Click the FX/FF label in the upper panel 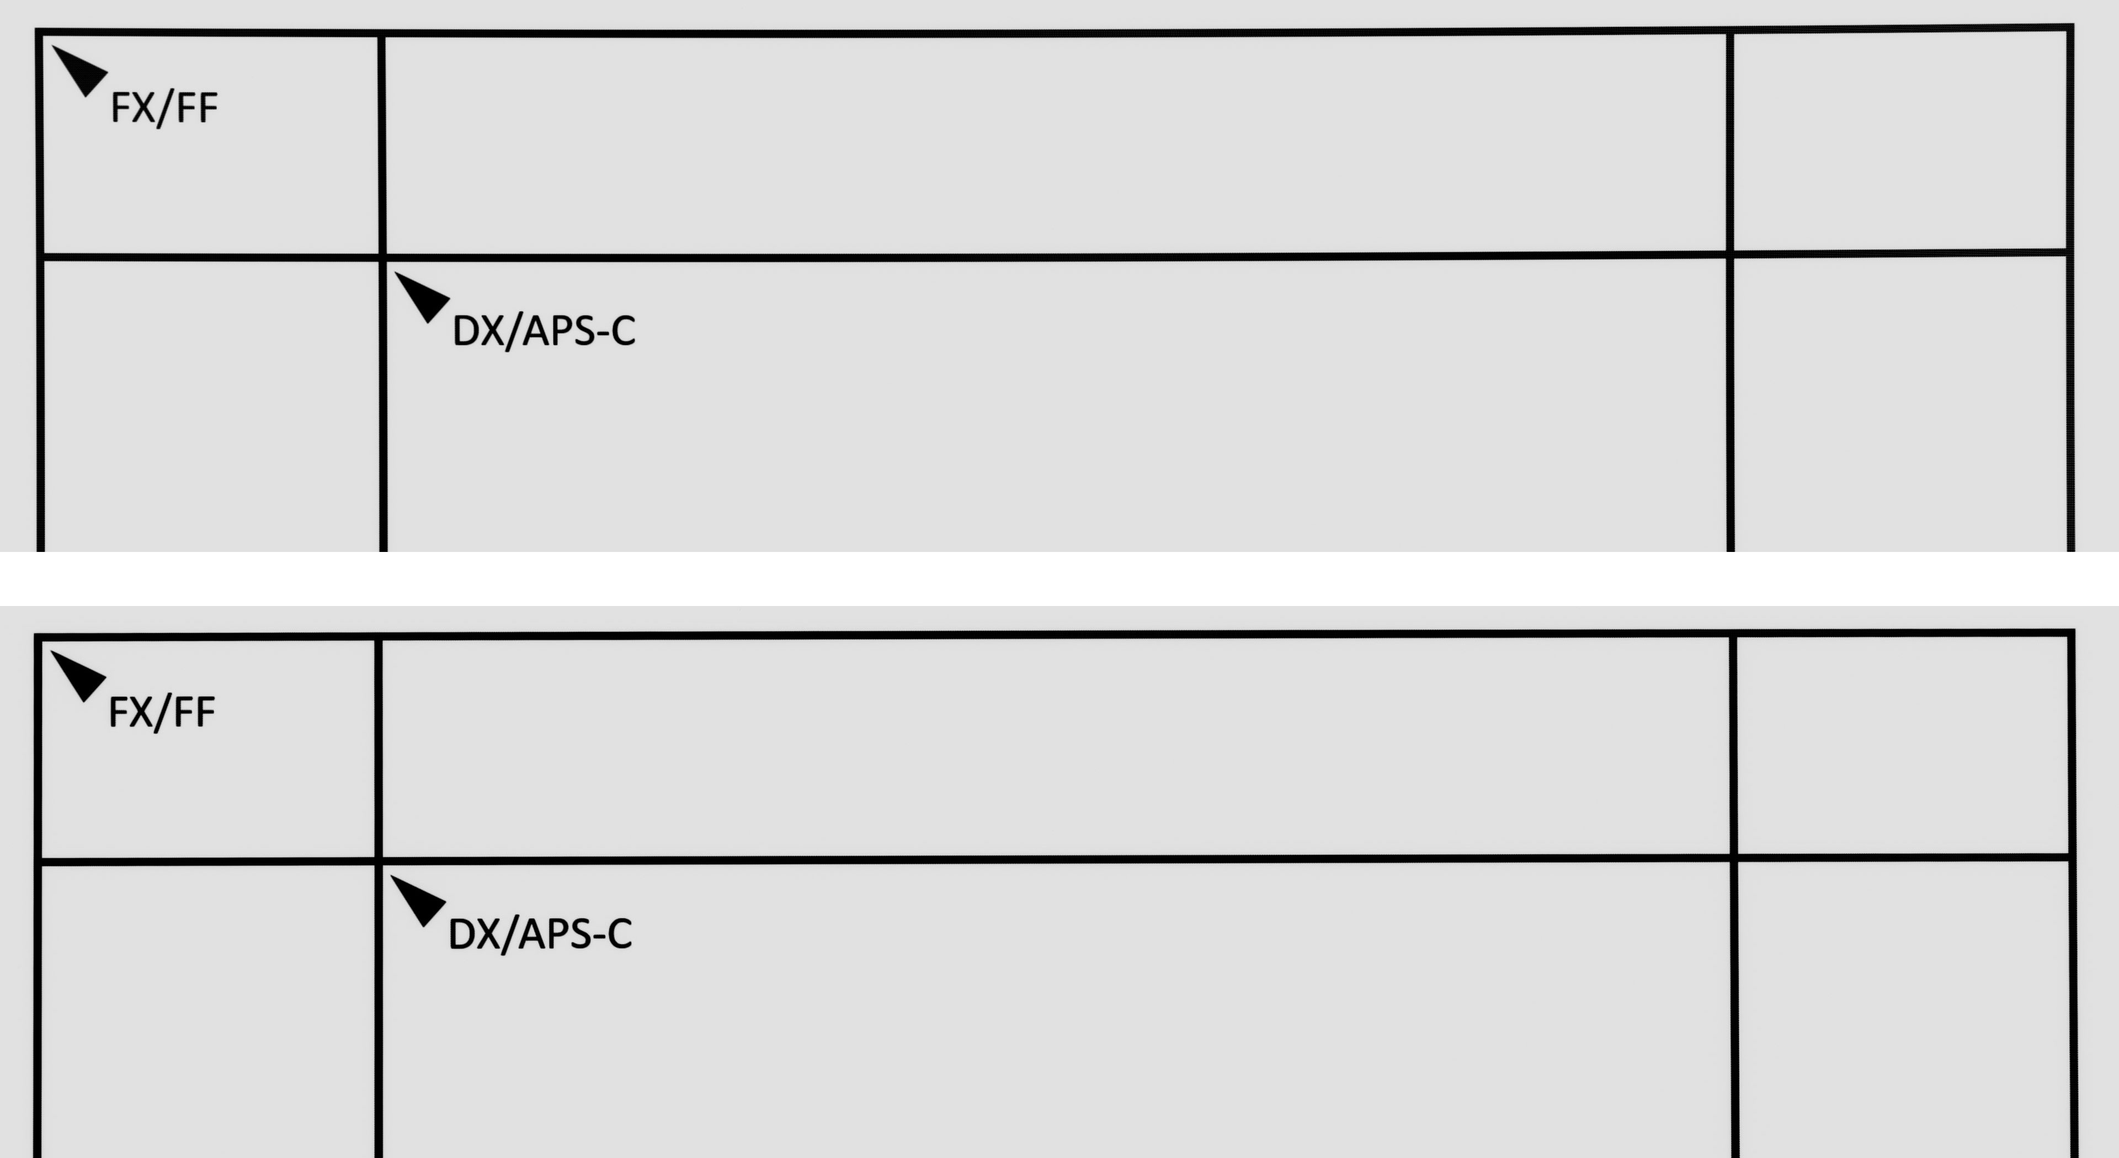[164, 108]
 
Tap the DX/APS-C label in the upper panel [544, 331]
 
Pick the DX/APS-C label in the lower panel [540, 934]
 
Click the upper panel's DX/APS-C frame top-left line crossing [382, 258]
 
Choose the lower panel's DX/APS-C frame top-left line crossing [379, 862]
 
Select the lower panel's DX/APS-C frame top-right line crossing [1734, 858]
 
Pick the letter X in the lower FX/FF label [141, 713]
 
